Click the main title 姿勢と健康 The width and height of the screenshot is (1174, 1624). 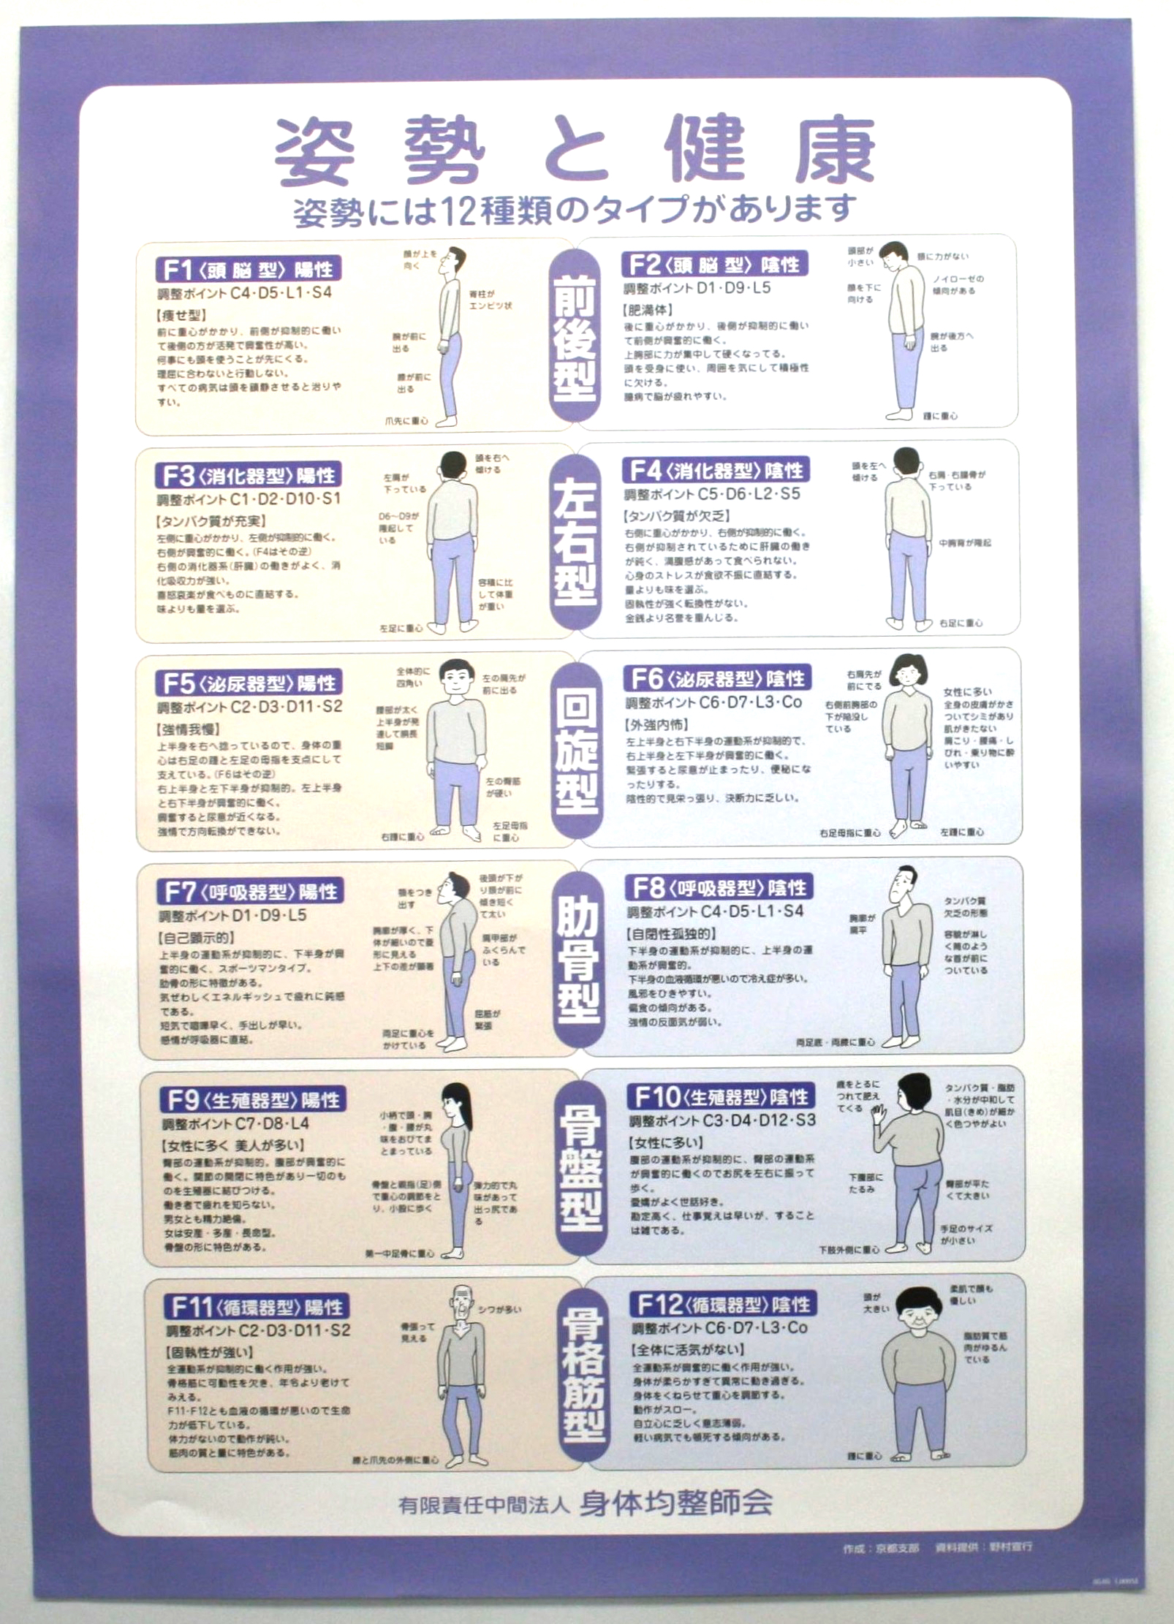coord(574,151)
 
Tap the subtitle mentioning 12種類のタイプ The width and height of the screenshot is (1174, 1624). coord(574,210)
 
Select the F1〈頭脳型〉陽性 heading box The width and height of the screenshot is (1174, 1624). coord(249,270)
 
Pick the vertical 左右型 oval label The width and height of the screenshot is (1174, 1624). coord(576,542)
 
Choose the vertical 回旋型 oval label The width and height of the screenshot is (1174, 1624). coord(577,751)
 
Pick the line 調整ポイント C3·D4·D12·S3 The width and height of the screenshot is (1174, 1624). coord(722,1120)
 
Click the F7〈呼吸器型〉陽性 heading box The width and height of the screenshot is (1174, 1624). coord(251,892)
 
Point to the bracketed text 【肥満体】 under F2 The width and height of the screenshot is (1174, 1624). coord(648,310)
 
